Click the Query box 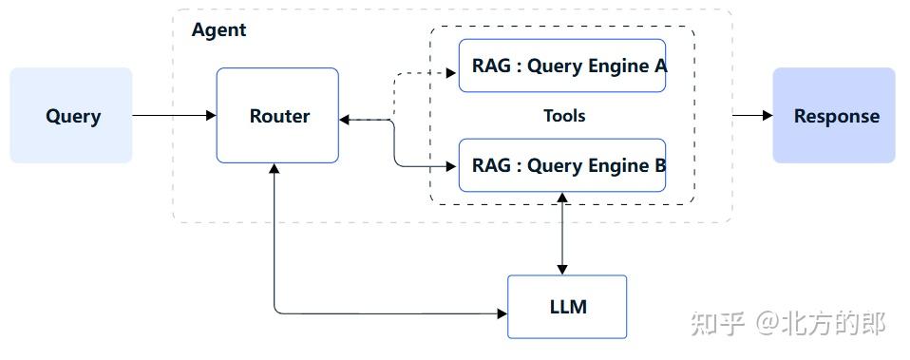(71, 116)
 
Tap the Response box (834, 116)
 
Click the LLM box (567, 307)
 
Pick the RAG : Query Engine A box (562, 66)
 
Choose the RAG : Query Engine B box (562, 165)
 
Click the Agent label (218, 29)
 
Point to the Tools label (563, 116)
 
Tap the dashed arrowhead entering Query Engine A (451, 71)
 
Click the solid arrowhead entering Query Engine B (451, 166)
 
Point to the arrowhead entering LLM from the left (501, 313)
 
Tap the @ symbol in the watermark (768, 324)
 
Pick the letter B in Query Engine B (659, 165)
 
